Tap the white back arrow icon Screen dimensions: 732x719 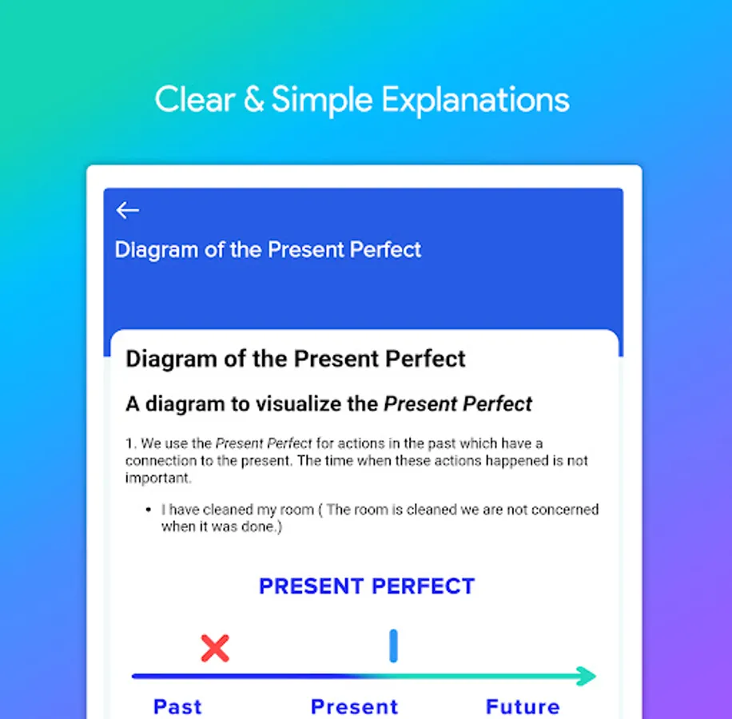[127, 210]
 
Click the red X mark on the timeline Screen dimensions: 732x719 [215, 648]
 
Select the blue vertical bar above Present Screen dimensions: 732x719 [393, 646]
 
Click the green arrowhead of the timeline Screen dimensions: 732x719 [587, 676]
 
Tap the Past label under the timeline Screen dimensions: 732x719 [178, 707]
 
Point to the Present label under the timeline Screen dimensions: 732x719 [355, 707]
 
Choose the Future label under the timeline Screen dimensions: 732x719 [523, 707]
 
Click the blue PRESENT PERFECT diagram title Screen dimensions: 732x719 [367, 586]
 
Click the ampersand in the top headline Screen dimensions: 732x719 [254, 99]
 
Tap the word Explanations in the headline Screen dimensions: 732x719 [475, 100]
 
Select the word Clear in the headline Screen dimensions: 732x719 [195, 99]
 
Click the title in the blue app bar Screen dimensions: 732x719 [268, 249]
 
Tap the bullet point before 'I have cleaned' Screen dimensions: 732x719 [149, 510]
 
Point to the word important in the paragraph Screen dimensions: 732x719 [158, 479]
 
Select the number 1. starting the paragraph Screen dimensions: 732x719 [131, 443]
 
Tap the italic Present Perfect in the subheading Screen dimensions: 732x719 [458, 404]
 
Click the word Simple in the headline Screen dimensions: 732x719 [322, 100]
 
